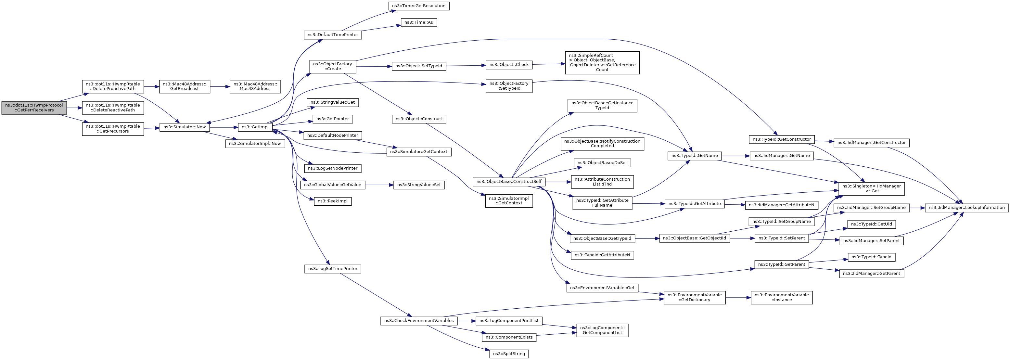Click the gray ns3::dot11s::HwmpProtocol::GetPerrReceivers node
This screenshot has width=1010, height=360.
(34, 108)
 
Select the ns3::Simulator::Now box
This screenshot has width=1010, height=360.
(184, 127)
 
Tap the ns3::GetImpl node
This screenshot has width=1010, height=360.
(255, 127)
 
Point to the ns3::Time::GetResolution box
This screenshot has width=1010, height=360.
(419, 6)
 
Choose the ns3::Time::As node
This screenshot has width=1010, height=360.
(419, 22)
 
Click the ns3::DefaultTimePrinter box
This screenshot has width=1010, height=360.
(332, 35)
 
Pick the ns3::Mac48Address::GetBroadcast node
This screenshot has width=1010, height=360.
(184, 87)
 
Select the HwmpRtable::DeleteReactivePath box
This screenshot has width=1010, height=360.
(113, 108)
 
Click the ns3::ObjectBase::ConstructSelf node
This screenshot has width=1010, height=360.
(509, 182)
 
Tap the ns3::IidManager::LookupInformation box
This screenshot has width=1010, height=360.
(966, 208)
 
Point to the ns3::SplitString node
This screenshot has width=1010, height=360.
(509, 354)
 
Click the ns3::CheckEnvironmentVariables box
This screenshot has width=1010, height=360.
(419, 321)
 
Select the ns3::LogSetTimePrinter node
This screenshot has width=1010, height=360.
(332, 269)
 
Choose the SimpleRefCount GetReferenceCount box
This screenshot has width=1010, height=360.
(602, 63)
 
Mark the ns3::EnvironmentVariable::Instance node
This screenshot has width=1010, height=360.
(781, 297)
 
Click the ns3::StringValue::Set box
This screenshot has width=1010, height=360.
(419, 185)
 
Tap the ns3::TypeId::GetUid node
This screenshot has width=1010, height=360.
(872, 224)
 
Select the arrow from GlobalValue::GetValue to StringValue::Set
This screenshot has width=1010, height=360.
(379, 185)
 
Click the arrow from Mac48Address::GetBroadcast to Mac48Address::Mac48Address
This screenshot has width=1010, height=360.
(220, 87)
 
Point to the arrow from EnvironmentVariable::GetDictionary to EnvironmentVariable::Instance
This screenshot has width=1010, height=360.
(738, 298)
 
